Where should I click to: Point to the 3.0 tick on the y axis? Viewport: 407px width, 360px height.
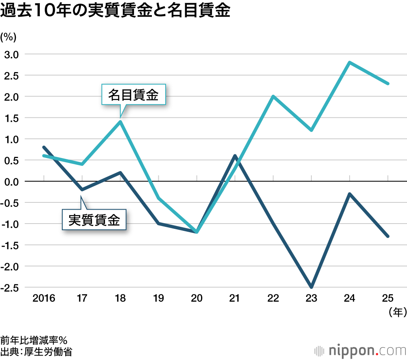click(x=11, y=54)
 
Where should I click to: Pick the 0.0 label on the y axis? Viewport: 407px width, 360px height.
click(x=11, y=182)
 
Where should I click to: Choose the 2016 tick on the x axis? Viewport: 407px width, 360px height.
click(x=44, y=299)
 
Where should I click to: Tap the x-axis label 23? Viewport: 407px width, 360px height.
click(x=311, y=299)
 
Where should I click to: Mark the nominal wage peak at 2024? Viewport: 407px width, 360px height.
click(x=349, y=62)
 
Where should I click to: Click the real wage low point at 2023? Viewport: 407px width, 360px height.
click(x=311, y=287)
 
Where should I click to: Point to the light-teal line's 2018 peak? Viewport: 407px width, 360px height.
click(x=120, y=122)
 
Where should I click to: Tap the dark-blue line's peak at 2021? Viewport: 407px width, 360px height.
click(x=235, y=156)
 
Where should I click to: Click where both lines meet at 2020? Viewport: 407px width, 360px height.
click(x=197, y=232)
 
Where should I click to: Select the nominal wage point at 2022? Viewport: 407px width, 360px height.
click(x=273, y=97)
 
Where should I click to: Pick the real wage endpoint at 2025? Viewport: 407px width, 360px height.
click(x=388, y=236)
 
